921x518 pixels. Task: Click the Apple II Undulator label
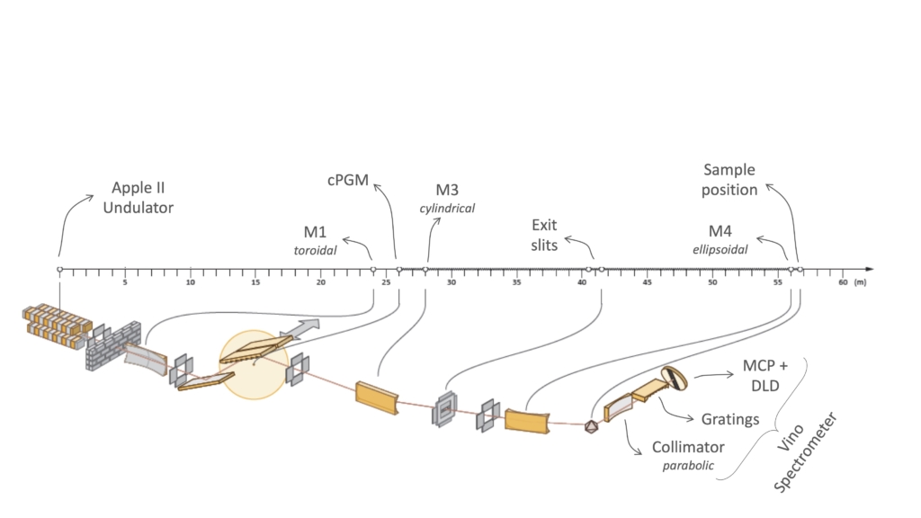pyautogui.click(x=138, y=197)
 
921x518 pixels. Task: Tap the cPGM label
pyautogui.click(x=348, y=180)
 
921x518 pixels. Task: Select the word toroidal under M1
pyautogui.click(x=316, y=250)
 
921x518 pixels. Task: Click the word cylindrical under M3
pyautogui.click(x=447, y=208)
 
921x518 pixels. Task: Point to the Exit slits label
pyautogui.click(x=544, y=235)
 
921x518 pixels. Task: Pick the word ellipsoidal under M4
pyautogui.click(x=720, y=250)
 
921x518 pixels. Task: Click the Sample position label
pyautogui.click(x=729, y=180)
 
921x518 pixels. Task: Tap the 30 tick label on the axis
pyautogui.click(x=452, y=282)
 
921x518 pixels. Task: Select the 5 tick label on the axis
pyautogui.click(x=125, y=282)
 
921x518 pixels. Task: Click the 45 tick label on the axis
pyautogui.click(x=647, y=282)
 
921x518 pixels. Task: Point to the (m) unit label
pyautogui.click(x=860, y=282)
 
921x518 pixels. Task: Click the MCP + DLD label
pyautogui.click(x=765, y=375)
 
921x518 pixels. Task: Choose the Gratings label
pyautogui.click(x=730, y=419)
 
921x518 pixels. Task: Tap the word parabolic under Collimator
pyautogui.click(x=688, y=466)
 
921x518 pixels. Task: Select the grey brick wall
pyautogui.click(x=113, y=346)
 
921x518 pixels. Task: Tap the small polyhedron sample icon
pyautogui.click(x=591, y=426)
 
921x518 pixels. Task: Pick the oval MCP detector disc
pyautogui.click(x=673, y=379)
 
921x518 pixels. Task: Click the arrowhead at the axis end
pyautogui.click(x=870, y=269)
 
